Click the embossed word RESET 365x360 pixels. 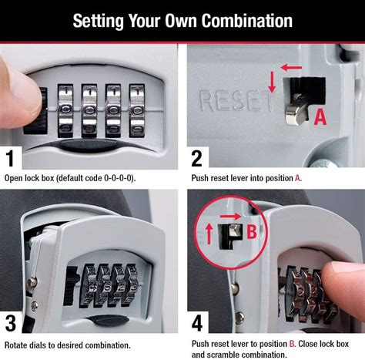235,100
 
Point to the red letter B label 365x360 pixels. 250,229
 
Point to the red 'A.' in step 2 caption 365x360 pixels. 297,178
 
